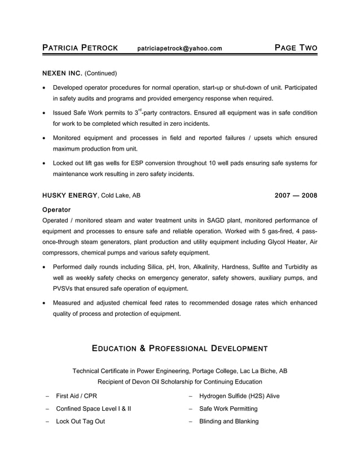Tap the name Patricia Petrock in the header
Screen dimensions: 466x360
click(80, 48)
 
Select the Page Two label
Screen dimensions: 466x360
click(296, 48)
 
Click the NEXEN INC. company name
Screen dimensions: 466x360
click(63, 73)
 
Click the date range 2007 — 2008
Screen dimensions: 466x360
click(296, 196)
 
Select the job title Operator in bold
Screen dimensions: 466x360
click(56, 210)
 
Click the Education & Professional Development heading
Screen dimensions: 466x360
click(179, 348)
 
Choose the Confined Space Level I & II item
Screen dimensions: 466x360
click(93, 408)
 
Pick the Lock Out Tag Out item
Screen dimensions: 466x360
click(80, 421)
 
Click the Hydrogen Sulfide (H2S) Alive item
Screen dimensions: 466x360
click(239, 396)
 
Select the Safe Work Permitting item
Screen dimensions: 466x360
click(228, 408)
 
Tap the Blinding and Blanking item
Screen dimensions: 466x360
click(229, 421)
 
